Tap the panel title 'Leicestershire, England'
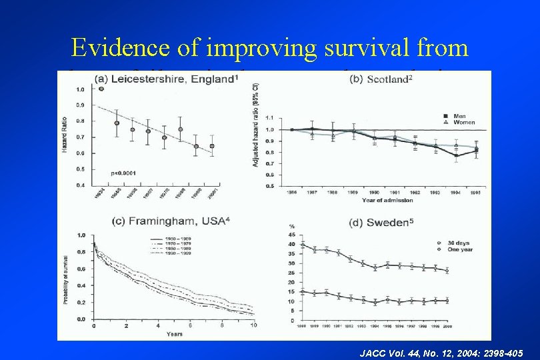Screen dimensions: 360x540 click(x=165, y=79)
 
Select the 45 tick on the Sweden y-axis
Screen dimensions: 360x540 click(x=291, y=235)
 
